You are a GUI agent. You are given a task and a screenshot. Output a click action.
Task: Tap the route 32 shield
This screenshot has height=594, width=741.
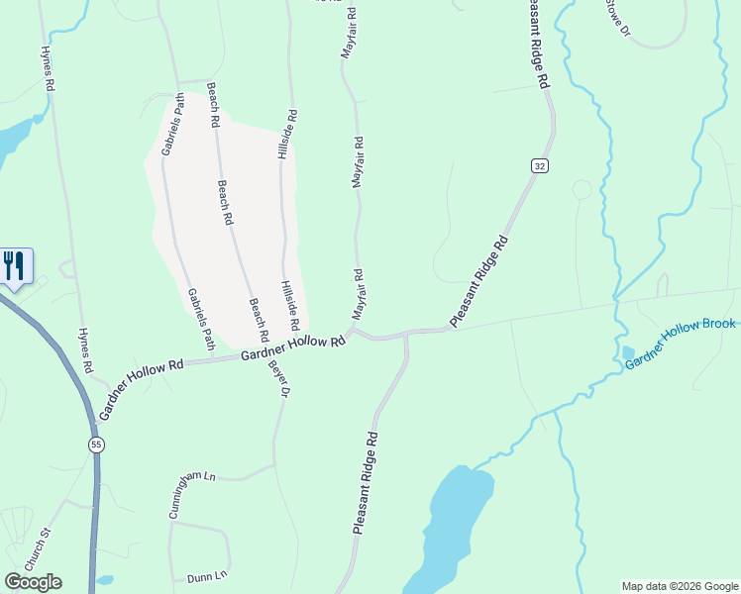(539, 166)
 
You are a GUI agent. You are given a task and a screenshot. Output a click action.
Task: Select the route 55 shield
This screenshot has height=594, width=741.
(95, 445)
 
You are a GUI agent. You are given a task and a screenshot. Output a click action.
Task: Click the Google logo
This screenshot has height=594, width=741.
(33, 582)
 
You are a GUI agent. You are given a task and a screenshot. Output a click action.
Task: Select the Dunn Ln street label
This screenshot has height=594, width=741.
(207, 575)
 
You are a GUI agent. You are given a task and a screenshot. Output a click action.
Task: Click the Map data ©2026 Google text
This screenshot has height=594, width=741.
(679, 586)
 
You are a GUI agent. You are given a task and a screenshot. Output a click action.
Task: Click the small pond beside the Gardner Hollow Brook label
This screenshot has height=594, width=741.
(628, 352)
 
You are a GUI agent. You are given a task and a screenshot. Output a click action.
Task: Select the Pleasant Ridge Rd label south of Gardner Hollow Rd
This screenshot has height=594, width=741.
(364, 483)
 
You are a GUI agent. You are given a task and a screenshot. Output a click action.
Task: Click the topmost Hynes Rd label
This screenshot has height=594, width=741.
(46, 67)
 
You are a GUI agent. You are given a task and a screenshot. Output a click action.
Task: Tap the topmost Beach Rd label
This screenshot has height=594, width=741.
(212, 105)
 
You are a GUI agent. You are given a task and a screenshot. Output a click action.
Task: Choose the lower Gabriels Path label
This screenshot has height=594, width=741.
(201, 319)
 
